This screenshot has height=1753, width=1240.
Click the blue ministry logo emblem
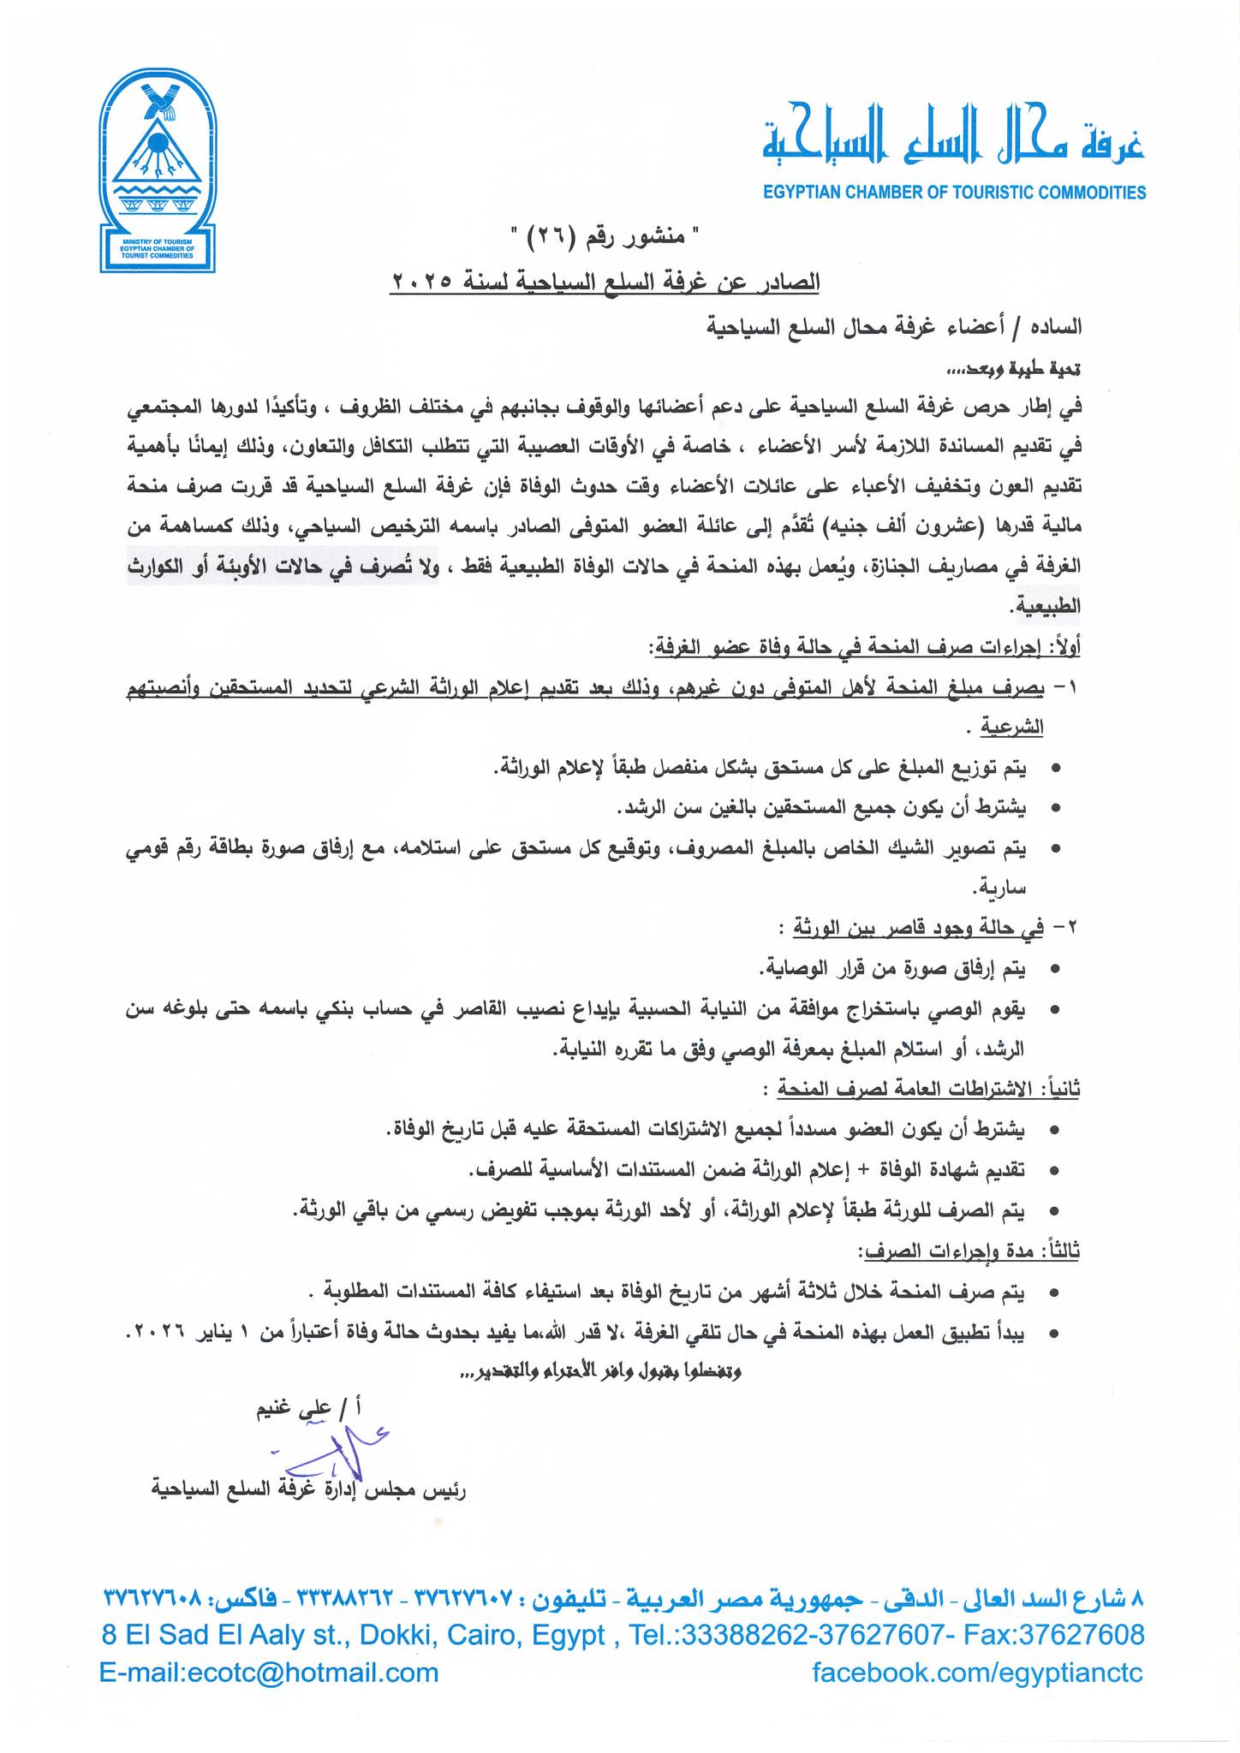158,171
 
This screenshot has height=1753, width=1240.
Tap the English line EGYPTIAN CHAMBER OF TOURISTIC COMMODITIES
954,193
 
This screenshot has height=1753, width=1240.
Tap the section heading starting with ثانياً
929,1090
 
